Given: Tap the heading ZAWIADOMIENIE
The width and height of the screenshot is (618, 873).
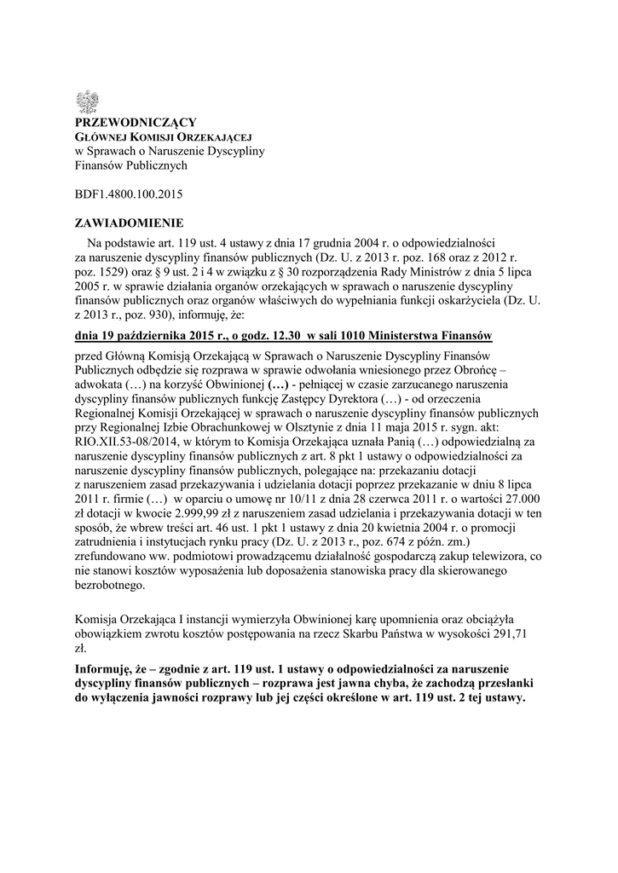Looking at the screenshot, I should (x=129, y=223).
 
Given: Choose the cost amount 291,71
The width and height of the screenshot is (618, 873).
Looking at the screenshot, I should (x=526, y=634).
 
